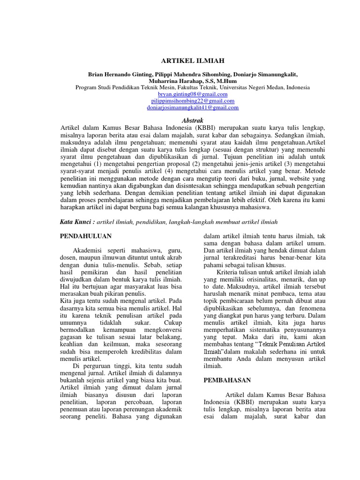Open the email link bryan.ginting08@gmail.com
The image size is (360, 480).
[193, 94]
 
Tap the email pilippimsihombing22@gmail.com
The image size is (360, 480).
[193, 101]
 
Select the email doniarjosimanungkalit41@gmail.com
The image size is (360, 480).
[193, 107]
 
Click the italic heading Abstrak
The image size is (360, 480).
[193, 120]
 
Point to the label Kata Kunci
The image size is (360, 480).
[78, 222]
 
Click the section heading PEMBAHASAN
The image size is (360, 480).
[227, 380]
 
